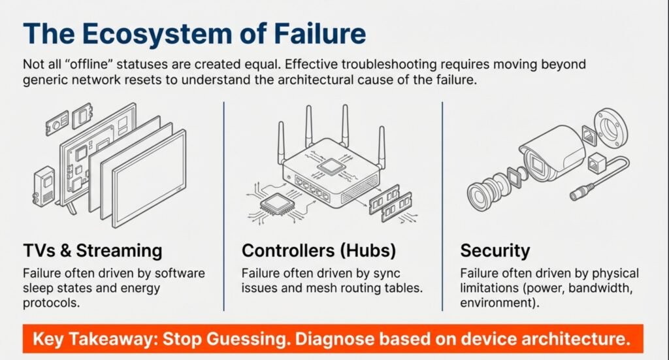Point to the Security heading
[x=495, y=250]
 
